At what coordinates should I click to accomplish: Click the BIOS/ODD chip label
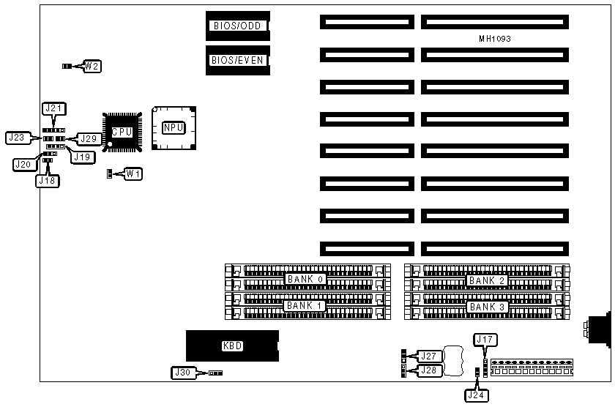pos(236,26)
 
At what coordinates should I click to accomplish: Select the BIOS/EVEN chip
pos(236,61)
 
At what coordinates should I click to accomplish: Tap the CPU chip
pos(121,132)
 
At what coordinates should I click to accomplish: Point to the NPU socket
pos(174,128)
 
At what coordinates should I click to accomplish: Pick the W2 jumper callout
pos(92,67)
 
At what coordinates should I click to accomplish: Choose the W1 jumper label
pos(133,174)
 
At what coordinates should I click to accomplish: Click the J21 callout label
pos(55,108)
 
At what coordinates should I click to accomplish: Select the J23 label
pos(16,137)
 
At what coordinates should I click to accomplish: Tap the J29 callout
pos(88,138)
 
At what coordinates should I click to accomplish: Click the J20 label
pos(23,165)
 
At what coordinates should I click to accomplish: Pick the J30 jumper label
pos(182,373)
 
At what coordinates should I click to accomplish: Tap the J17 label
pos(485,339)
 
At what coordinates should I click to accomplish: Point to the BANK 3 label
pos(487,307)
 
